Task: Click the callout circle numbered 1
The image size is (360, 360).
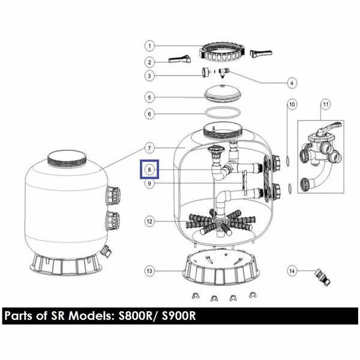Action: [x=149, y=46]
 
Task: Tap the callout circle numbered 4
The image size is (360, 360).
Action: [x=292, y=83]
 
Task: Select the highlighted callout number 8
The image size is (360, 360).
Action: [x=149, y=170]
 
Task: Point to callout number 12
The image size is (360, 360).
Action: [x=149, y=221]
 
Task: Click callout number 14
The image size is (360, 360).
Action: [x=292, y=271]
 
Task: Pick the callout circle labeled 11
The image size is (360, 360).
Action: [x=326, y=104]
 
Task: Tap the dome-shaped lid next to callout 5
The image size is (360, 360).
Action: [x=223, y=94]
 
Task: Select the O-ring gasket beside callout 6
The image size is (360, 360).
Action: [x=223, y=109]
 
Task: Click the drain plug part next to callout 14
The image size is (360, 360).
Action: [x=323, y=277]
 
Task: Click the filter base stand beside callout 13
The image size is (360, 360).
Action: [x=221, y=268]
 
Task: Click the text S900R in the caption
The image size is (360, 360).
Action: [x=179, y=316]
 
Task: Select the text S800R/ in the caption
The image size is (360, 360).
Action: [x=139, y=316]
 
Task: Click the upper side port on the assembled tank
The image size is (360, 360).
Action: [x=113, y=196]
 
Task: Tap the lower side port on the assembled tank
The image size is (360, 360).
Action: [x=113, y=221]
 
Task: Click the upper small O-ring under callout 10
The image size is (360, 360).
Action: [x=287, y=160]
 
